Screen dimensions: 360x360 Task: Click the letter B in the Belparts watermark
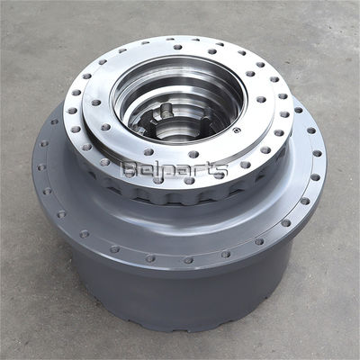[x=128, y=170]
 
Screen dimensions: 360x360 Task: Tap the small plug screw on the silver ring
[x=237, y=130]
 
